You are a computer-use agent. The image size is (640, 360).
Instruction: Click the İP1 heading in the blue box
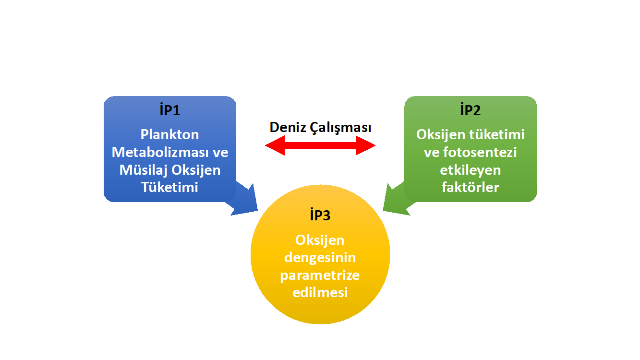click(169, 110)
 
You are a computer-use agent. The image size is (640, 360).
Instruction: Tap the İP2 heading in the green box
click(471, 110)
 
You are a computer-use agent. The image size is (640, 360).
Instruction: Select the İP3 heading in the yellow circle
click(320, 215)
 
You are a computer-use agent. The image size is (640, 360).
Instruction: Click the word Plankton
click(169, 134)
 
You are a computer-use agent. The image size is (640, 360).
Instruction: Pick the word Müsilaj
click(144, 170)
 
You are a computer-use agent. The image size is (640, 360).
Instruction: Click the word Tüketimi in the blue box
click(169, 187)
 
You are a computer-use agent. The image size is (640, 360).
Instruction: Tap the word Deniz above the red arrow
click(288, 127)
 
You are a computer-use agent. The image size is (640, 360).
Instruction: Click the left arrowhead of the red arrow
click(275, 145)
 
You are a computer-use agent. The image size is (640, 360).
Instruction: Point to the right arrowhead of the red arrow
click(366, 145)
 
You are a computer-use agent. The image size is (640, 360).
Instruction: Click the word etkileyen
click(471, 170)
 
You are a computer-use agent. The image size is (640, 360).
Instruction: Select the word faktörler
click(471, 187)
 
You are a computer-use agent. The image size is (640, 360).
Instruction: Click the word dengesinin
click(320, 258)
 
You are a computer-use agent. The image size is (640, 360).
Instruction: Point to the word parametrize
click(320, 276)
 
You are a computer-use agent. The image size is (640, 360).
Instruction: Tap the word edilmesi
click(320, 292)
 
